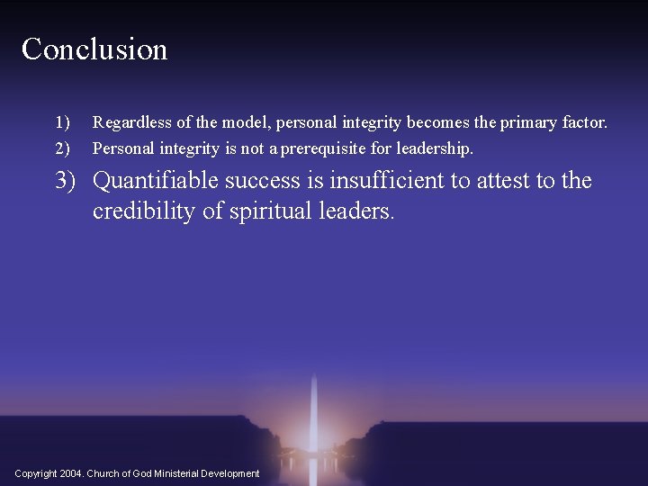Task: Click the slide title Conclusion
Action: click(94, 49)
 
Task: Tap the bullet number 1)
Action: click(62, 121)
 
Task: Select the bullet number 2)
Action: click(62, 147)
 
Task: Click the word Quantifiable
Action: click(156, 181)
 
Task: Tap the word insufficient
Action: click(387, 181)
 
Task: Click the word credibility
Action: click(148, 211)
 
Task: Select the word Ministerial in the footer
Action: click(174, 473)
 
